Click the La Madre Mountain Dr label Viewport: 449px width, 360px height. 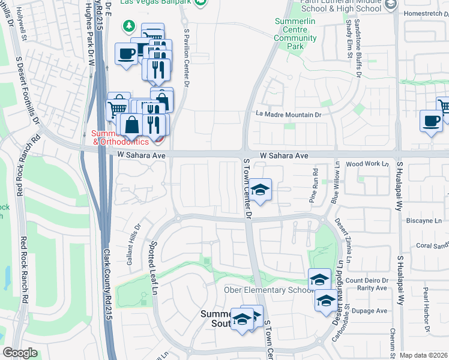pyautogui.click(x=289, y=115)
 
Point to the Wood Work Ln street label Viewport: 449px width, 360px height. pyautogui.click(x=367, y=164)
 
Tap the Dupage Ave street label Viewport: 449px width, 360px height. pyautogui.click(x=373, y=311)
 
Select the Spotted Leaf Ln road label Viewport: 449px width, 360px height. pyautogui.click(x=154, y=269)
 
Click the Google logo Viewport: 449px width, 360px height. pyautogui.click(x=20, y=353)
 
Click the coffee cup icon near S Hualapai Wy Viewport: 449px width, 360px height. pyautogui.click(x=430, y=119)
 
